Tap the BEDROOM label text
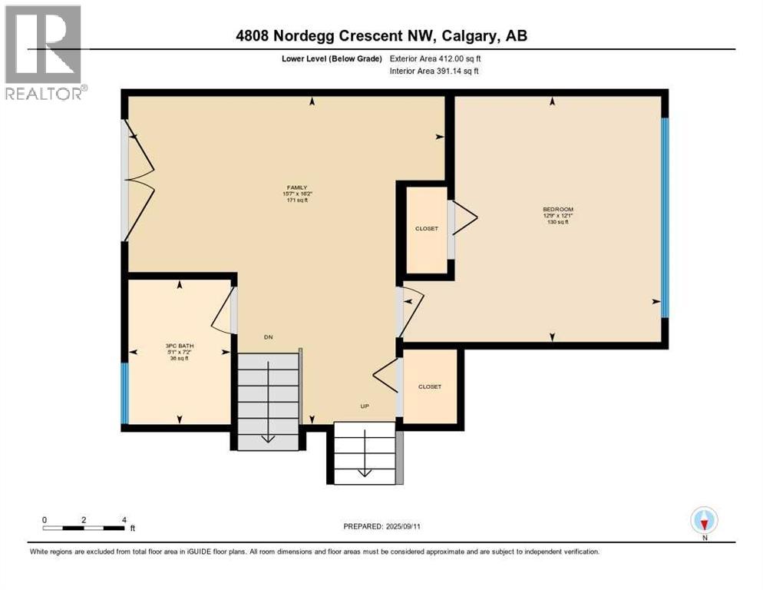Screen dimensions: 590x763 tap(557, 210)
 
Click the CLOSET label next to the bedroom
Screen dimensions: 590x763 tap(427, 228)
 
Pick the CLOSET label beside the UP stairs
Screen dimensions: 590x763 tap(430, 386)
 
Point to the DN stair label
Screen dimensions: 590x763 tap(268, 337)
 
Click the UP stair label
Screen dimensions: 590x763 tap(366, 406)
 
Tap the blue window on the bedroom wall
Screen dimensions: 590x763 tap(665, 217)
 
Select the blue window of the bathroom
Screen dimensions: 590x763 tap(124, 393)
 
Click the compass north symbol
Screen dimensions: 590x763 tap(703, 522)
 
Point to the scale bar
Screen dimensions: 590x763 tap(84, 527)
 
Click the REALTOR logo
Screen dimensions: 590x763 tap(44, 52)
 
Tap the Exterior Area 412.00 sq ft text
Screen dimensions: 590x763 tap(435, 58)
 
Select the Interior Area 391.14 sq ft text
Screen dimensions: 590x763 tap(435, 71)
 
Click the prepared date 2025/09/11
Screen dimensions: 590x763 tap(383, 526)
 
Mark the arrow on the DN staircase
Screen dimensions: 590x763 tap(267, 436)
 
